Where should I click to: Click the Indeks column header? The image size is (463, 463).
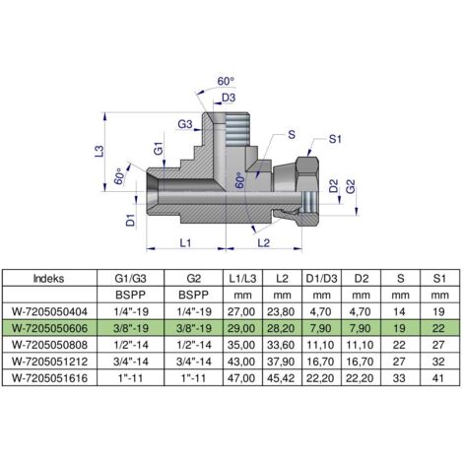[48, 279]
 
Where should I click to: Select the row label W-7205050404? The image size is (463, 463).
[49, 311]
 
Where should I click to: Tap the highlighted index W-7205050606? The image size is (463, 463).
[49, 328]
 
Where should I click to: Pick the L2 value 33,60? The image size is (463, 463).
[281, 345]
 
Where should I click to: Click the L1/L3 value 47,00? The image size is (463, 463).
[241, 378]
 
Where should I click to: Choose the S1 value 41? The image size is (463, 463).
[438, 378]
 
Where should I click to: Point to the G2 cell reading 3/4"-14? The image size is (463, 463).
[194, 362]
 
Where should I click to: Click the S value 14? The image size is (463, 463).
[399, 311]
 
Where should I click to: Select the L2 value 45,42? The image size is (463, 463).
[281, 378]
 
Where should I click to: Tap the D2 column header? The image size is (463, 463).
[362, 279]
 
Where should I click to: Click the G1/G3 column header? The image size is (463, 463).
[130, 279]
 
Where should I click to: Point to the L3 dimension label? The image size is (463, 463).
[99, 151]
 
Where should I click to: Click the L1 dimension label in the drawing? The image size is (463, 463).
[185, 243]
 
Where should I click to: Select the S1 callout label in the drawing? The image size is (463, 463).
[335, 139]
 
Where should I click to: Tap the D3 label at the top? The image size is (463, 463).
[229, 98]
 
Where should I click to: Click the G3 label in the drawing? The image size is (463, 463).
[185, 124]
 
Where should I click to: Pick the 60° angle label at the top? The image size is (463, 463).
[226, 81]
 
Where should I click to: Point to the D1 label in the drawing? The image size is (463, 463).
[131, 220]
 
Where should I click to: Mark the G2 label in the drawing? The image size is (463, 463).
[351, 186]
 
